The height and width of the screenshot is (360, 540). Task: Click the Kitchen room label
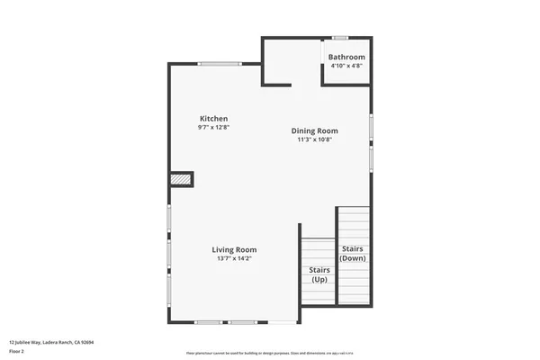click(213, 119)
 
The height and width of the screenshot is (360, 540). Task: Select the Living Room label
click(234, 249)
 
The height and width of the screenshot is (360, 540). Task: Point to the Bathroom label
click(346, 58)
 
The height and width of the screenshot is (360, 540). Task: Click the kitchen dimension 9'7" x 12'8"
click(213, 128)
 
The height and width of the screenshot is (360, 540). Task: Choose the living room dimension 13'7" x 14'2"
click(234, 258)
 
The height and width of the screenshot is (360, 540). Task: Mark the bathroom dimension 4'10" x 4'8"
click(346, 66)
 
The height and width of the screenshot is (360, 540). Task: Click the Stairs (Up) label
click(319, 274)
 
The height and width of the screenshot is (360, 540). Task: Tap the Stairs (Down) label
click(352, 253)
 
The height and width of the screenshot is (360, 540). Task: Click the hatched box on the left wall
click(182, 179)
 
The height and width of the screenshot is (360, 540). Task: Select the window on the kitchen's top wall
click(220, 63)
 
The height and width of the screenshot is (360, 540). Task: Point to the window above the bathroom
click(340, 38)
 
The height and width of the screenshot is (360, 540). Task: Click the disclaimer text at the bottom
click(269, 353)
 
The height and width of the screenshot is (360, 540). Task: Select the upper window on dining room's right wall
click(371, 126)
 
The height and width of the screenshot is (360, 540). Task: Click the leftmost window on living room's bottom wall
click(209, 322)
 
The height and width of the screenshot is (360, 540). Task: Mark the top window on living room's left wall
click(168, 219)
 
